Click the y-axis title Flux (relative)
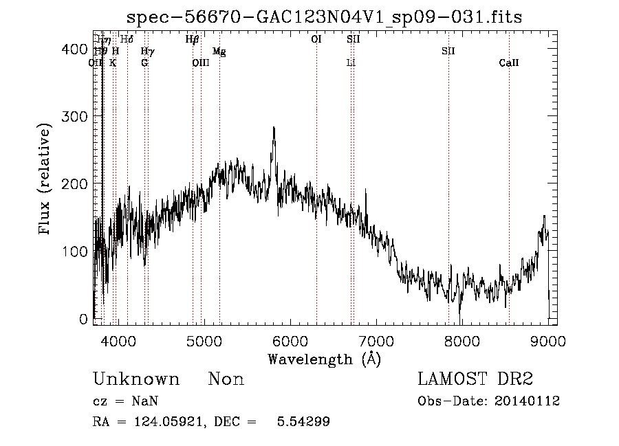click(45, 180)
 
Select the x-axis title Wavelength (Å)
click(324, 359)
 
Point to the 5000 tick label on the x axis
click(204, 339)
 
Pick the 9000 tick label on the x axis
click(548, 339)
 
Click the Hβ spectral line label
click(192, 39)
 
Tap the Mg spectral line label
click(219, 51)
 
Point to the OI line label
click(316, 39)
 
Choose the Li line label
click(351, 63)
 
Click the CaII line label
click(509, 63)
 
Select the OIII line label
click(200, 63)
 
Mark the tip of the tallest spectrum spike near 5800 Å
click(274, 127)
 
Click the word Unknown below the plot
click(136, 379)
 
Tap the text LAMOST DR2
click(475, 379)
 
